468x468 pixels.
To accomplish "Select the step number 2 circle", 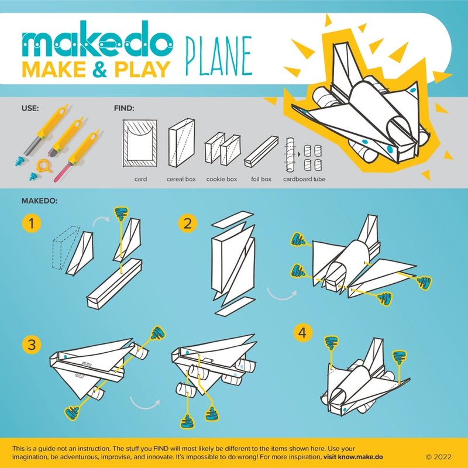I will [x=187, y=223].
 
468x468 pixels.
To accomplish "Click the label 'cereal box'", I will [x=182, y=180].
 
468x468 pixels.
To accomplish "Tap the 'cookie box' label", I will [x=222, y=180].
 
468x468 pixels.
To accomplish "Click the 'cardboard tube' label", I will [x=304, y=180].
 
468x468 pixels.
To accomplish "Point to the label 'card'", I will [x=140, y=180].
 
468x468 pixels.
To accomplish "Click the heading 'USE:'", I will [x=30, y=108].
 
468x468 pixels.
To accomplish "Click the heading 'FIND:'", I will [x=124, y=108].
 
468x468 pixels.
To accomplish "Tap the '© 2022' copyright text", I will [x=439, y=456].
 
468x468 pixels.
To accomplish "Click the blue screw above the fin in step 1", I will [x=122, y=214].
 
